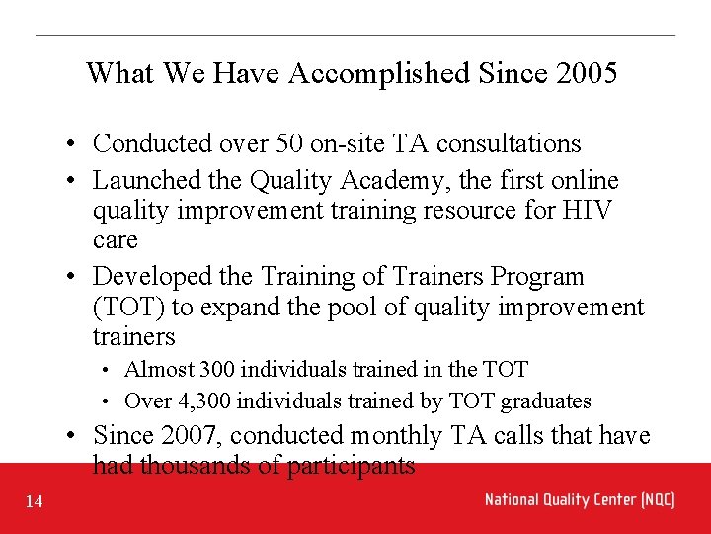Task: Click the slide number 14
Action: (35, 502)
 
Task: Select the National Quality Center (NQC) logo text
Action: (580, 499)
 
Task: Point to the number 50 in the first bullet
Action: (289, 144)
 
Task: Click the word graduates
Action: (546, 401)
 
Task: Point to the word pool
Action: (298, 308)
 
